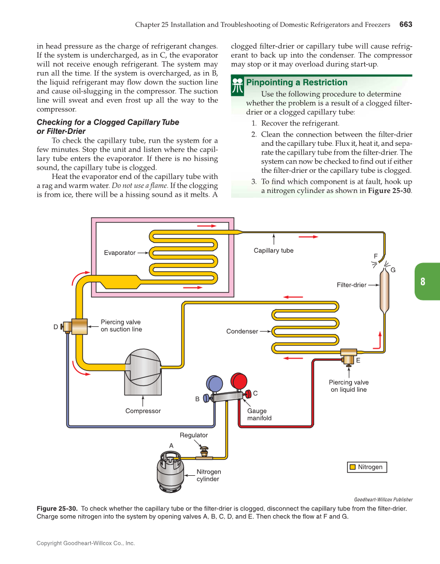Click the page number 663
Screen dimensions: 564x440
point(405,24)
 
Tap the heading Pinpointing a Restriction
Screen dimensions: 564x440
point(296,82)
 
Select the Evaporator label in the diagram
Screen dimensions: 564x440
point(119,253)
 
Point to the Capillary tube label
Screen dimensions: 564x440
point(273,251)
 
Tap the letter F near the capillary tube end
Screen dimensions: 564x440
point(376,256)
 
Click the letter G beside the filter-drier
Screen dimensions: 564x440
point(393,270)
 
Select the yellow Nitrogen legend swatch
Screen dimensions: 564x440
point(352,467)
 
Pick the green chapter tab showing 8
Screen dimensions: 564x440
point(426,281)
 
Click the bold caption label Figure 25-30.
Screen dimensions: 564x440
point(57,508)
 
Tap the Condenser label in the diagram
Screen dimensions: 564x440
point(242,331)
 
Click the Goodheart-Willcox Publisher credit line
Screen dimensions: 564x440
point(383,500)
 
